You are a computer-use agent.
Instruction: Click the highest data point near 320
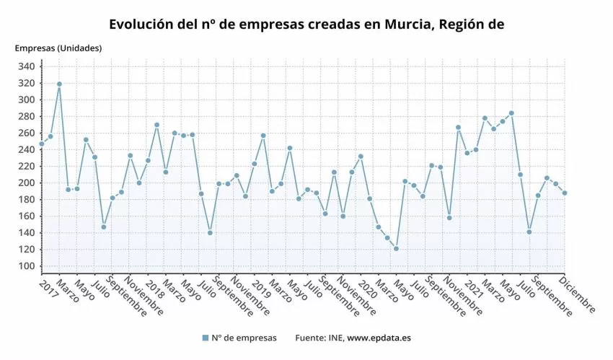click(59, 84)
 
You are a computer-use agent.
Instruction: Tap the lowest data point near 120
click(396, 249)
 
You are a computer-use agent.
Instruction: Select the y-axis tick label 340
click(26, 66)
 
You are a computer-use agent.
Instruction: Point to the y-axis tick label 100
click(26, 266)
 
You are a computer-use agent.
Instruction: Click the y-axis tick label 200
click(26, 183)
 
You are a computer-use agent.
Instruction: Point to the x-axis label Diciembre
click(578, 296)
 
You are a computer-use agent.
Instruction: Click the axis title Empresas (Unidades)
click(58, 48)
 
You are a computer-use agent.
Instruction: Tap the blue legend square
click(206, 338)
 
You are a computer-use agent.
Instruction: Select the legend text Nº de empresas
click(244, 338)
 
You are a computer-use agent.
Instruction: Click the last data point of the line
click(565, 193)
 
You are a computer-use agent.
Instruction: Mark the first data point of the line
click(41, 144)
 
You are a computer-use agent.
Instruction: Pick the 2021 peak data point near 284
click(511, 113)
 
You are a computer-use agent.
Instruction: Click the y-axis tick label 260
click(26, 133)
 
